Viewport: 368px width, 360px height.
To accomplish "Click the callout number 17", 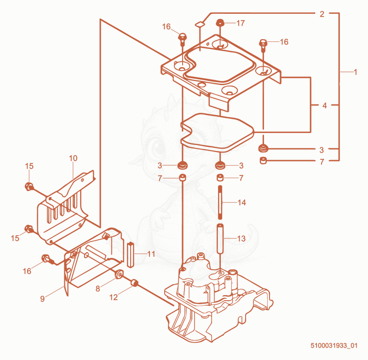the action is click(241, 23).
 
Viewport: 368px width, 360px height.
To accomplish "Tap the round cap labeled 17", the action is click(220, 23).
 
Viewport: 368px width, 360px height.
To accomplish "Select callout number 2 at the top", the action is click(322, 14).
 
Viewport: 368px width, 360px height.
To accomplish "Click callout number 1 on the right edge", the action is click(355, 72).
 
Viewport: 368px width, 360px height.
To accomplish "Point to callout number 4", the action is click(324, 105).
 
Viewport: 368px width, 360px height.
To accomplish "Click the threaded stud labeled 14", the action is click(220, 202).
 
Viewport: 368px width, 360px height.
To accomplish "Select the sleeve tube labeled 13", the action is click(220, 238).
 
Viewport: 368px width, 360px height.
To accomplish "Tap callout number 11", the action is click(151, 254).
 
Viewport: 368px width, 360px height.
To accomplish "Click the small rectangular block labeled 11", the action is click(131, 255).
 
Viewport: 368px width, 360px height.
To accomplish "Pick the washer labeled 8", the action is click(119, 274).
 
